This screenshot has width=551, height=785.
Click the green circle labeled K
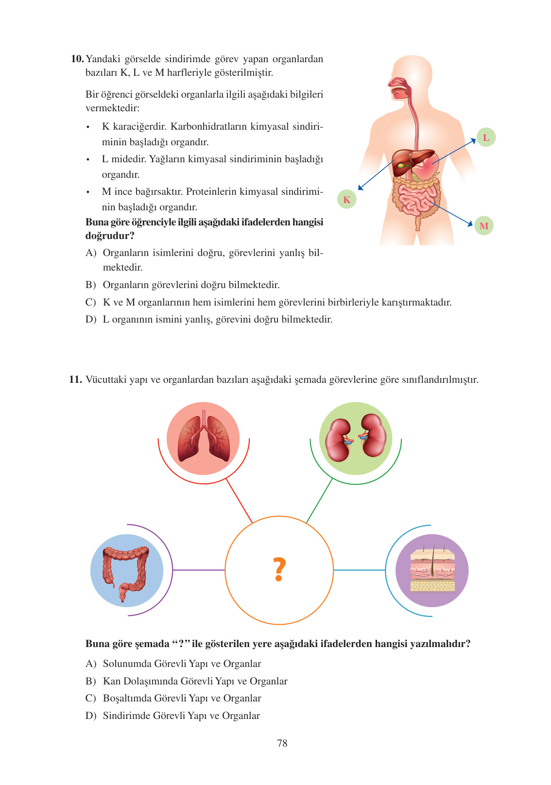(x=346, y=199)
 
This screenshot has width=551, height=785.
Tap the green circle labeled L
(x=485, y=137)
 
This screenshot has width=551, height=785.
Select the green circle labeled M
(x=483, y=225)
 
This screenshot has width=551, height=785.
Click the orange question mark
(x=279, y=569)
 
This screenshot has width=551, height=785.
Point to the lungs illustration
(x=204, y=437)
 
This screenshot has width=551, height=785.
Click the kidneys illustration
(x=356, y=437)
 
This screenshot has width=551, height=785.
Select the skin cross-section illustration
(x=432, y=570)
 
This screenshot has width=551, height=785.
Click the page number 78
(x=282, y=743)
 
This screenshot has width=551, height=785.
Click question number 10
(x=77, y=59)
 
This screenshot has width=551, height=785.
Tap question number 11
(x=75, y=379)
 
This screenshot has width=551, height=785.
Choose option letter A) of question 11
(x=91, y=664)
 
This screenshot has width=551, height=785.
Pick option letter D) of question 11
(x=91, y=716)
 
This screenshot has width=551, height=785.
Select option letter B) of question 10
(x=91, y=285)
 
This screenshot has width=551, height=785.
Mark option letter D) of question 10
(x=91, y=319)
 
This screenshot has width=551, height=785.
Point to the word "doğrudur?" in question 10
(x=110, y=236)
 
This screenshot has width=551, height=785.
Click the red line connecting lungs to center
(x=239, y=501)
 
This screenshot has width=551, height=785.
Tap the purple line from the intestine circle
(x=198, y=570)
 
